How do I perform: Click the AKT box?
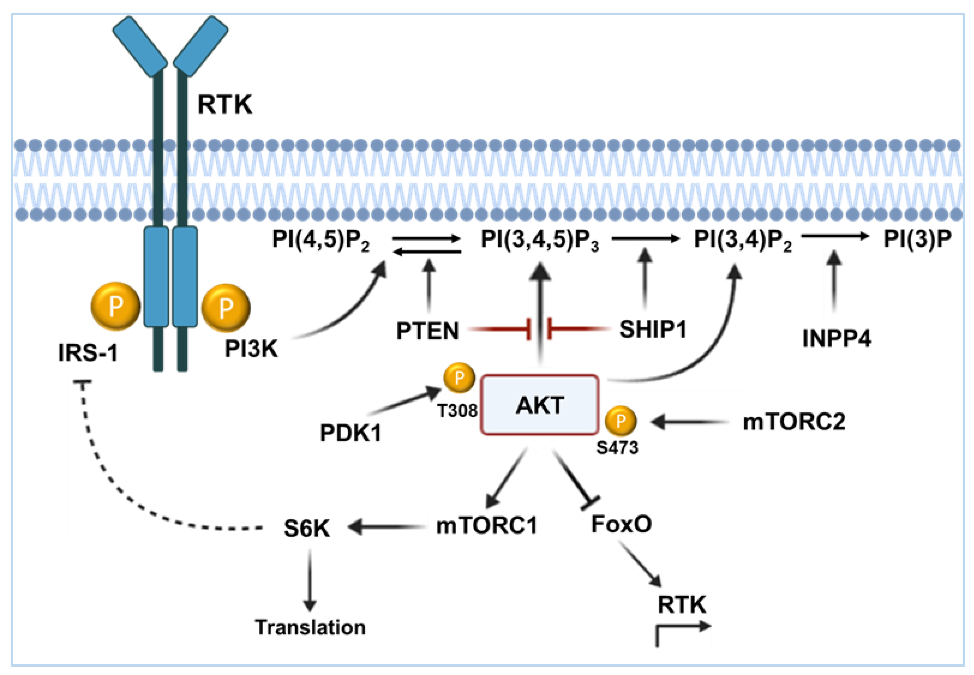(x=540, y=405)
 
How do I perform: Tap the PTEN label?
(x=427, y=331)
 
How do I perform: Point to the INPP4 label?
(x=837, y=338)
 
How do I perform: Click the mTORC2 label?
(x=794, y=422)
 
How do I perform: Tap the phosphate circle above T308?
(x=459, y=377)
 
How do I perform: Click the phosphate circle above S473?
(x=621, y=421)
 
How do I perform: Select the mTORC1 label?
(x=487, y=526)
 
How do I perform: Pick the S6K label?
(x=307, y=528)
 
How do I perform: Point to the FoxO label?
(x=621, y=524)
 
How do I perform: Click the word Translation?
(x=310, y=627)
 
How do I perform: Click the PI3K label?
(x=251, y=349)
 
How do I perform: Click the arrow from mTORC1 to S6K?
(x=386, y=527)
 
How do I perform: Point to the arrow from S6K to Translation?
(x=310, y=580)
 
